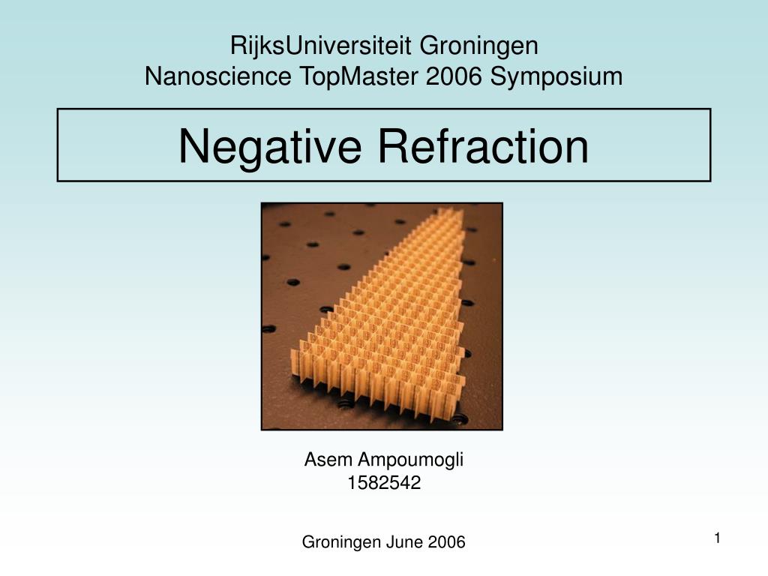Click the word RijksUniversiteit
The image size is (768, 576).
pyautogui.click(x=321, y=46)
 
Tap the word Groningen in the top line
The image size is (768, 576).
pyautogui.click(x=478, y=46)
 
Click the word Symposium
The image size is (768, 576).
pyautogui.click(x=556, y=76)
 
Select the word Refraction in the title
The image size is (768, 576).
pyautogui.click(x=483, y=145)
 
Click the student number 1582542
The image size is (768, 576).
pyautogui.click(x=384, y=484)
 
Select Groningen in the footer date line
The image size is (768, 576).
pyautogui.click(x=341, y=542)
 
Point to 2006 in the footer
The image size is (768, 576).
pyautogui.click(x=447, y=542)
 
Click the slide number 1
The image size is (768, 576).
pyautogui.click(x=717, y=538)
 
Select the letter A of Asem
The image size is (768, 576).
pyautogui.click(x=310, y=460)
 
